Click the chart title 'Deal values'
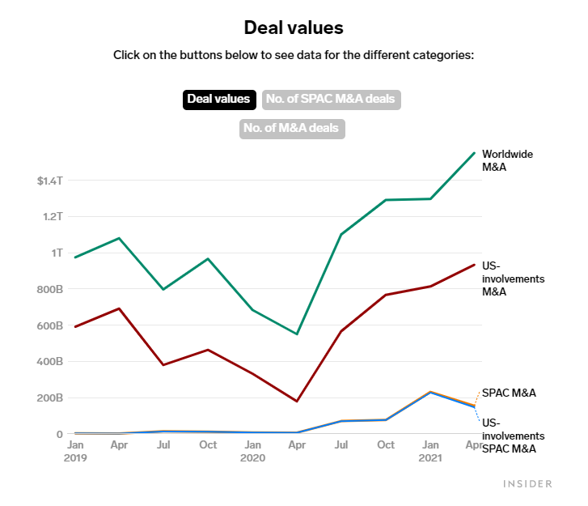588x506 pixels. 294,28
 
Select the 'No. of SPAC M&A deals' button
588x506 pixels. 332,100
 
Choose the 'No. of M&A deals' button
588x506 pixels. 292,129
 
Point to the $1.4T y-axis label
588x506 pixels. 49,181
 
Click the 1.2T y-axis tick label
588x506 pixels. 52,217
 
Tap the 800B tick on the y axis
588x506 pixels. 49,289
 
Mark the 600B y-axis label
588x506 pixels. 49,325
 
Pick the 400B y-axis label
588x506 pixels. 49,362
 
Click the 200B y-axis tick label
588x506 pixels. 49,398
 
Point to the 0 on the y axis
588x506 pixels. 59,435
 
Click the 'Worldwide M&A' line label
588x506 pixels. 507,160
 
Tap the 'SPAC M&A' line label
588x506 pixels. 509,393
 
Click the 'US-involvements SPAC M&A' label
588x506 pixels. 509,435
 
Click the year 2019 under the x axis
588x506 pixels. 75,458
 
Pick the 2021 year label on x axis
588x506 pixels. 429,458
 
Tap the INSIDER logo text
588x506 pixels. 527,484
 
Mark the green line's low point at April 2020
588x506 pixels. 297,334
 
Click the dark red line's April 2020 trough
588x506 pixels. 297,402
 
